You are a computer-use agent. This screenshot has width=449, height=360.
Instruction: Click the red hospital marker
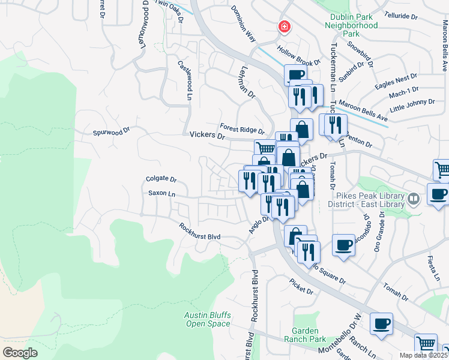[283, 27]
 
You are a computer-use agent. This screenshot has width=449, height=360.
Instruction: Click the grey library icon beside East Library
[413, 198]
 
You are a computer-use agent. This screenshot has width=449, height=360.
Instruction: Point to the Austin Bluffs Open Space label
[207, 319]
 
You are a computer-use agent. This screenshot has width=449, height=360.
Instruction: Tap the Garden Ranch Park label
[309, 335]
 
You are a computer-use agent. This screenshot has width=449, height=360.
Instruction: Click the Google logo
[20, 352]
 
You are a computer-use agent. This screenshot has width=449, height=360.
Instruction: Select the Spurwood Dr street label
[110, 131]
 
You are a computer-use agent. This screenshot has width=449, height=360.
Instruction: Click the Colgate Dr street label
[161, 179]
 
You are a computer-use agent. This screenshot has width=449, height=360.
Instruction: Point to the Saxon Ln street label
[162, 193]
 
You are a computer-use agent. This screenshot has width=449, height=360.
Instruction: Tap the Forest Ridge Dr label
[242, 128]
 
